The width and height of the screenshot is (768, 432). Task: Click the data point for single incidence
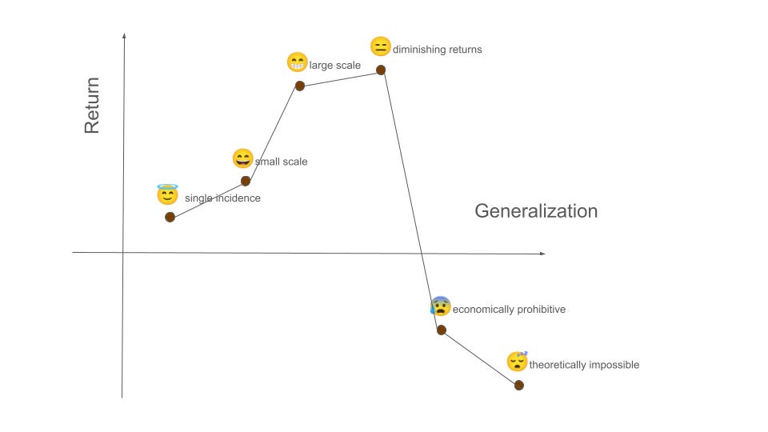click(170, 217)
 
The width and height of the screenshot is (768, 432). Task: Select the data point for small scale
click(246, 181)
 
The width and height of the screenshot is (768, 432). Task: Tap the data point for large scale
click(299, 86)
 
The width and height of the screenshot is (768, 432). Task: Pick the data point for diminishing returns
click(381, 70)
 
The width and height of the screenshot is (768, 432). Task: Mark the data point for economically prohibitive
click(441, 330)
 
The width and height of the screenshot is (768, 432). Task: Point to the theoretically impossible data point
click(518, 385)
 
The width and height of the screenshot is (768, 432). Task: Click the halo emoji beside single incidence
click(167, 194)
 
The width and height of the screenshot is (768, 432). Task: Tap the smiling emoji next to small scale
click(242, 158)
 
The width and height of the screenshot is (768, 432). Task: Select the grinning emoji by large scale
click(297, 62)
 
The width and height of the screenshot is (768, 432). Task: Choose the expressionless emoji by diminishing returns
click(380, 46)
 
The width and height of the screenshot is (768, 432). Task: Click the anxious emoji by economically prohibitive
click(441, 306)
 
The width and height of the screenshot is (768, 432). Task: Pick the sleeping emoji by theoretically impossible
click(518, 362)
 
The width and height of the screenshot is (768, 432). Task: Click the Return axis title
click(92, 105)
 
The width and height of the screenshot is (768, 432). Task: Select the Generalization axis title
click(536, 211)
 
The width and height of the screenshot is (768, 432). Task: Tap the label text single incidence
click(222, 198)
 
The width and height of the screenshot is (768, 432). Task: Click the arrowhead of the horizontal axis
click(543, 254)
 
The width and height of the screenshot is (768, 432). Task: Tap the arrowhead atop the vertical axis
click(124, 35)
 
